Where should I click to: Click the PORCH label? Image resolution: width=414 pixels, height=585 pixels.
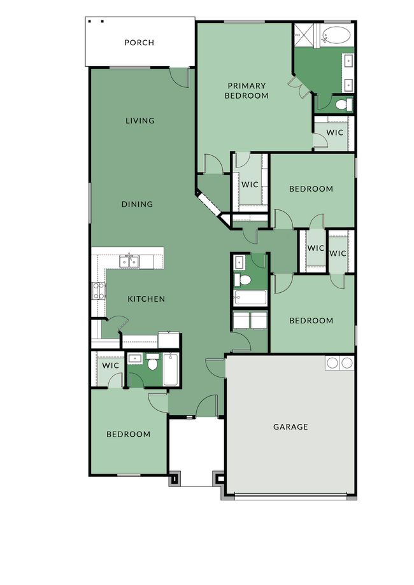pyautogui.click(x=139, y=43)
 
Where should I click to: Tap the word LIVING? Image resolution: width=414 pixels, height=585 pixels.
pyautogui.click(x=139, y=120)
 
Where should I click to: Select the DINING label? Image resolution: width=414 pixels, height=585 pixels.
pyautogui.click(x=138, y=204)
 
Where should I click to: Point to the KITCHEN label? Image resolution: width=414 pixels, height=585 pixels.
pyautogui.click(x=146, y=299)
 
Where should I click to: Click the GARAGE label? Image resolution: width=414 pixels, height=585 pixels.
pyautogui.click(x=290, y=426)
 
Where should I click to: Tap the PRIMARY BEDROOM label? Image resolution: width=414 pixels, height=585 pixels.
pyautogui.click(x=246, y=90)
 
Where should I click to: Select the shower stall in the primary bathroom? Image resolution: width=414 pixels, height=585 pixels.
pyautogui.click(x=304, y=35)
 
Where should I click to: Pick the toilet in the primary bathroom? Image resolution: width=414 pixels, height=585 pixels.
pyautogui.click(x=343, y=104)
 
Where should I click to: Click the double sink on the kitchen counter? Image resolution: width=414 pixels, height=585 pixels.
pyautogui.click(x=131, y=261)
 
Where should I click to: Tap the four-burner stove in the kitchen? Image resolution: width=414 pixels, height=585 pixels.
pyautogui.click(x=99, y=291)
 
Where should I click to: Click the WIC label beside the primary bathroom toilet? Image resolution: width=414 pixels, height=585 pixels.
pyautogui.click(x=335, y=133)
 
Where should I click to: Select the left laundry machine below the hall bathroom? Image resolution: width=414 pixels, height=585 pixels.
pyautogui.click(x=241, y=320)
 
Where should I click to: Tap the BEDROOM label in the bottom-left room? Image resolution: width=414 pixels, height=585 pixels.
pyautogui.click(x=128, y=434)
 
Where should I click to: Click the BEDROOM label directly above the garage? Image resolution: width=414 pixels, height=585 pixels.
pyautogui.click(x=311, y=320)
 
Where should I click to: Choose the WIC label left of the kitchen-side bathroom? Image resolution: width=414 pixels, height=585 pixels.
pyautogui.click(x=110, y=366)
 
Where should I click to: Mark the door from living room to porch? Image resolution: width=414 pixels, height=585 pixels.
pyautogui.click(x=180, y=78)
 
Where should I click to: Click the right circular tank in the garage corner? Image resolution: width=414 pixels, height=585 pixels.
pyautogui.click(x=347, y=363)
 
